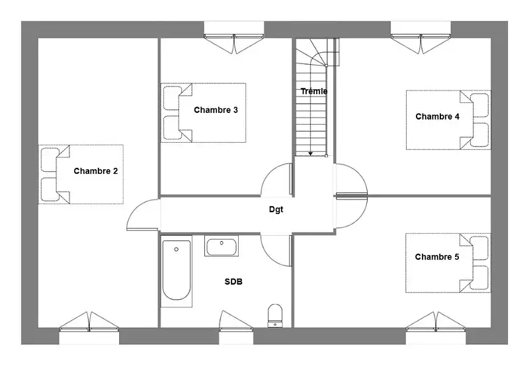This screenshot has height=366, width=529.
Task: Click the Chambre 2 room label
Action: (x=96, y=171)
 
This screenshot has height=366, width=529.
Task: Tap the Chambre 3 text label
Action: (x=216, y=110)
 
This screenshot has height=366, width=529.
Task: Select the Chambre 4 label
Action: (x=437, y=117)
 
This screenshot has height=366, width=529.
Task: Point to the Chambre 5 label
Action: (x=437, y=257)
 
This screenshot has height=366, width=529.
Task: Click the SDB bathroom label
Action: (x=233, y=281)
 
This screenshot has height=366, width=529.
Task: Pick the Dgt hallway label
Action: (x=276, y=209)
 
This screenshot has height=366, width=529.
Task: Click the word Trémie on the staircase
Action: (x=313, y=91)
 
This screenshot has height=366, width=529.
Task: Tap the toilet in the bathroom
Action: (x=275, y=316)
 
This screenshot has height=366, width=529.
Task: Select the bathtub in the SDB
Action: (x=176, y=272)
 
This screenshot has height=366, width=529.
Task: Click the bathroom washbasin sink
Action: (x=222, y=246)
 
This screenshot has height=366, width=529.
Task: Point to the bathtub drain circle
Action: (x=176, y=249)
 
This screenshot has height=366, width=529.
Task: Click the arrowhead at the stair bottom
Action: (x=310, y=154)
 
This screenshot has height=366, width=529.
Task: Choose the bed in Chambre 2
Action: (x=81, y=174)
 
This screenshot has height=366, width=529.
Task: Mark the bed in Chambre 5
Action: (x=448, y=263)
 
